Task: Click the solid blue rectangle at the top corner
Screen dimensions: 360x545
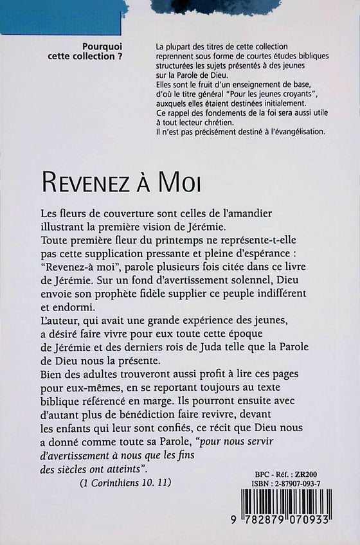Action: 61,17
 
